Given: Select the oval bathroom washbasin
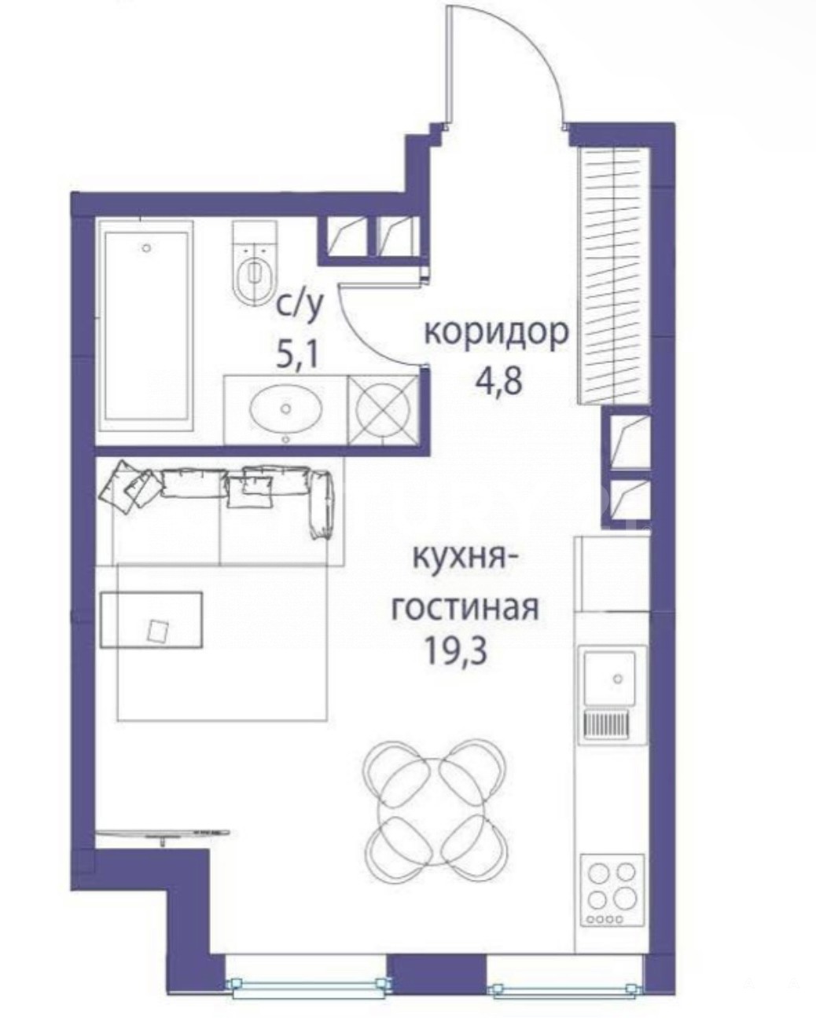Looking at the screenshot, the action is point(285,408).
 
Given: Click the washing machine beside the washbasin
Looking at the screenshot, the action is point(384,410).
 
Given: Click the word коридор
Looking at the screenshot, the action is point(495,335).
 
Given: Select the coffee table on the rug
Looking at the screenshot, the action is point(152,620).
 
